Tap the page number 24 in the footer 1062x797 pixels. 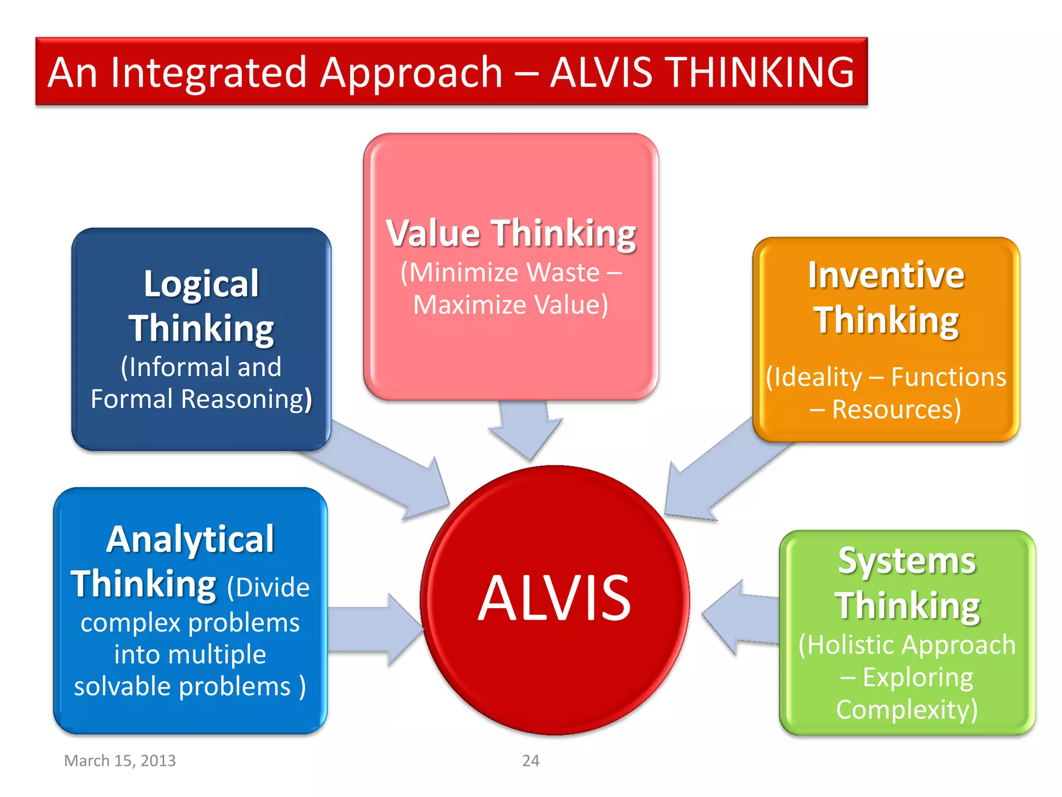point(530,761)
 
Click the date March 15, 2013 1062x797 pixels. point(120,761)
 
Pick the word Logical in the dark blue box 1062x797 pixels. point(201,284)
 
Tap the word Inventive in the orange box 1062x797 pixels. point(886,275)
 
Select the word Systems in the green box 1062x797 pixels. point(907,561)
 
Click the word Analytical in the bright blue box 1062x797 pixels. point(190,540)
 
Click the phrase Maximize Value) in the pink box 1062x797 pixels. point(511,305)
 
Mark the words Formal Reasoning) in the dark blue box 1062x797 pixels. point(201,399)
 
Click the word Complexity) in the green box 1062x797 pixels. point(907,709)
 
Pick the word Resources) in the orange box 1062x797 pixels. point(896,409)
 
